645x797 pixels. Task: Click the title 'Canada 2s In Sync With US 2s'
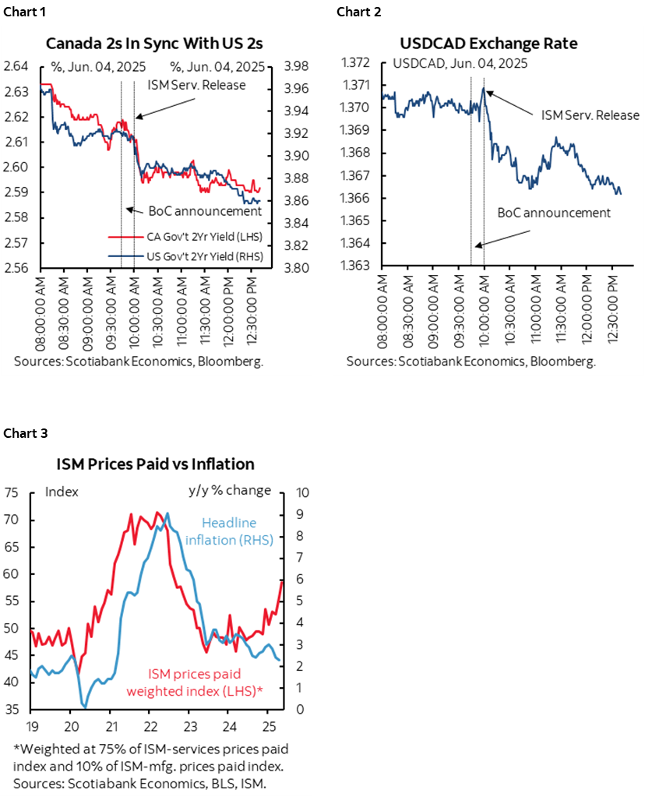pyautogui.click(x=157, y=43)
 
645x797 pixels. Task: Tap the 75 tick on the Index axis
pyautogui.click(x=11, y=492)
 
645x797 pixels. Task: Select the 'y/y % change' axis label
pyautogui.click(x=230, y=490)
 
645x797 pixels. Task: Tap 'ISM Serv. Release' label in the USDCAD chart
pyautogui.click(x=590, y=115)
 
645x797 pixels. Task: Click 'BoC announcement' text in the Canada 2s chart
pyautogui.click(x=205, y=210)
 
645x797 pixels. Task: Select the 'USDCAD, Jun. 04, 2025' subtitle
pyautogui.click(x=449, y=63)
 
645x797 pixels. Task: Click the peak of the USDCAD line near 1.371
pyautogui.click(x=484, y=88)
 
